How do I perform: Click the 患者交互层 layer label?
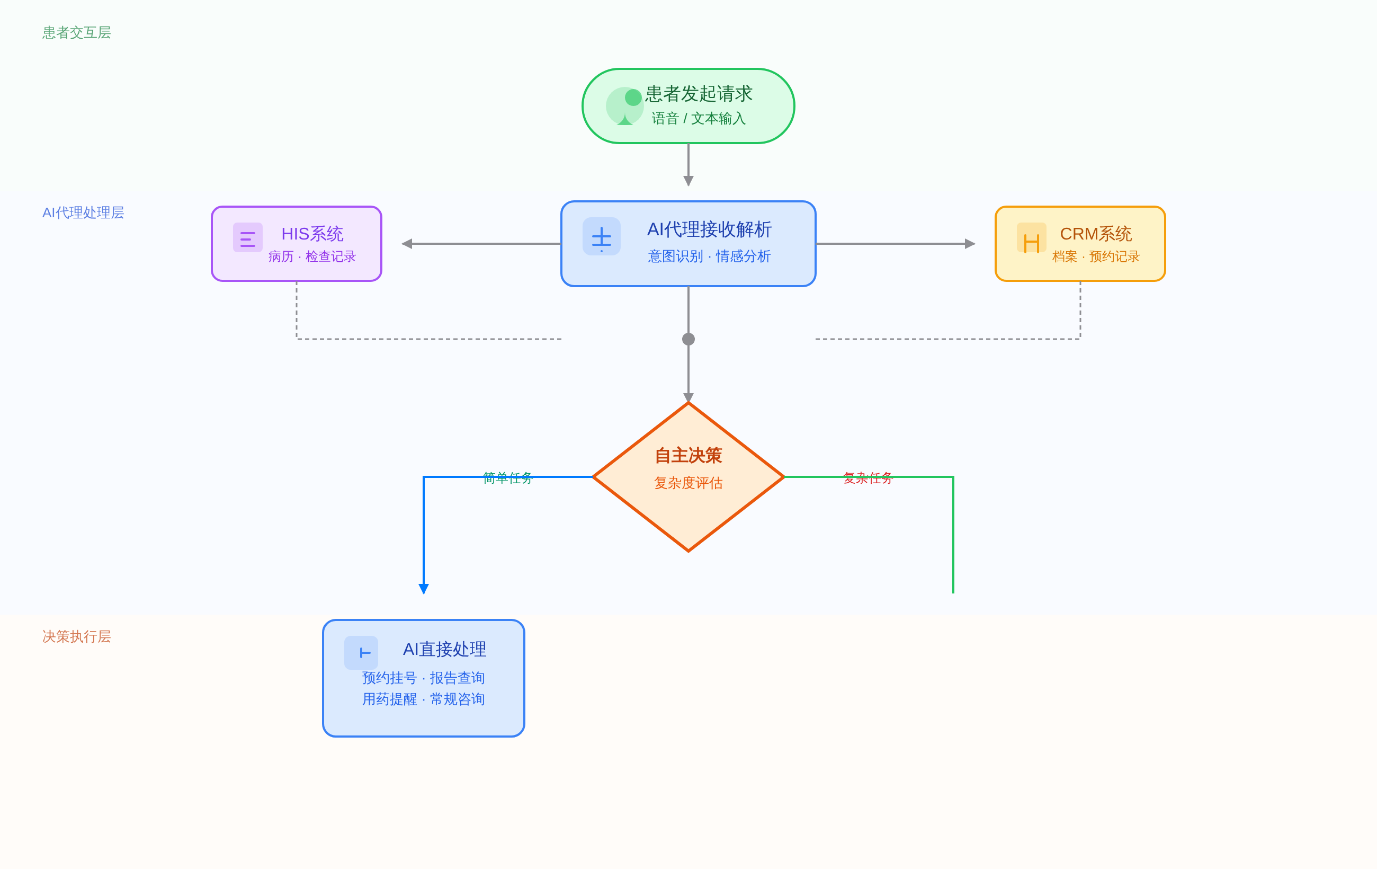click(76, 33)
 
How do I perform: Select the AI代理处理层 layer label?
click(83, 213)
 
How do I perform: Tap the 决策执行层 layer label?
click(76, 637)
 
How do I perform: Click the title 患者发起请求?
click(698, 94)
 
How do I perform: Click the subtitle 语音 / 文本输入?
click(698, 118)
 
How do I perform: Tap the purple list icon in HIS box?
click(248, 237)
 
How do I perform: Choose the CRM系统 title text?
click(1095, 234)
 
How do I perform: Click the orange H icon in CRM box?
click(1031, 239)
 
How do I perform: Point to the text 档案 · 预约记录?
click(1095, 256)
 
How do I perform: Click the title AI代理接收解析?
click(709, 229)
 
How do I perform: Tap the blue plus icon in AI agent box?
click(601, 237)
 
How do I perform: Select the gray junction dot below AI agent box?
click(688, 339)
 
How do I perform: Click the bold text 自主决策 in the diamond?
click(688, 456)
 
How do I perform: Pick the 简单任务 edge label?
click(507, 478)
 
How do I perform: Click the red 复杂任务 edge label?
click(868, 478)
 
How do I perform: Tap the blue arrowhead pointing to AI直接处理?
click(424, 589)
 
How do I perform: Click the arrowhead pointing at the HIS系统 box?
click(407, 244)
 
